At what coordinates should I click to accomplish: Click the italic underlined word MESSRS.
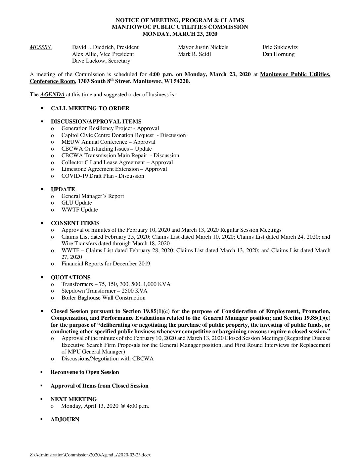[41, 47]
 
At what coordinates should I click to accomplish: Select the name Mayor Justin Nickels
[203, 47]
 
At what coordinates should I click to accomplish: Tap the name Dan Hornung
[278, 54]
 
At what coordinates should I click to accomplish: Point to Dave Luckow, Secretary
[101, 61]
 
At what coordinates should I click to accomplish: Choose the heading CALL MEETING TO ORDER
[90, 108]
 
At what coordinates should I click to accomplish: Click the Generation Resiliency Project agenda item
[110, 128]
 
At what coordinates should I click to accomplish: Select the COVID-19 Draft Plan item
[103, 176]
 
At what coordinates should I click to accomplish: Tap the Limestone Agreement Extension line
[114, 169]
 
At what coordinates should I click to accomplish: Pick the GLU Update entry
[76, 203]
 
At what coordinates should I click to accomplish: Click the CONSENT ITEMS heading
[75, 223]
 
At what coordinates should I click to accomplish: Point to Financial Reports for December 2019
[106, 264]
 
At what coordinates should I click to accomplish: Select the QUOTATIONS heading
[70, 277]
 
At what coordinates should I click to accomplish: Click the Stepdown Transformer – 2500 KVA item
[104, 291]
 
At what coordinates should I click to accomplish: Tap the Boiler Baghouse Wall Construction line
[103, 298]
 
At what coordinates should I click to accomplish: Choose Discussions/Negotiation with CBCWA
[107, 359]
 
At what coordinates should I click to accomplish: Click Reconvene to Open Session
[85, 372]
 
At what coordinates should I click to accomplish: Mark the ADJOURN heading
[65, 420]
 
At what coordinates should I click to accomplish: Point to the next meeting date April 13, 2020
[105, 406]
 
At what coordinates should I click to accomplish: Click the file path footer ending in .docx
[90, 455]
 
